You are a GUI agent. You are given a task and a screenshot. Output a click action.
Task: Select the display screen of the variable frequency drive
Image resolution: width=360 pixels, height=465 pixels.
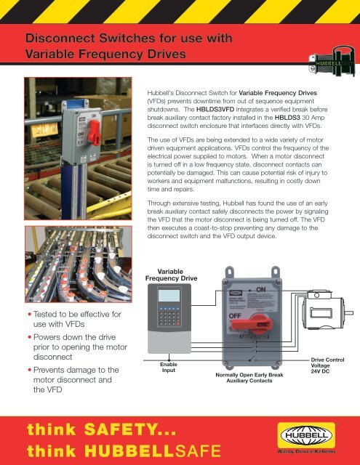coord(169,301)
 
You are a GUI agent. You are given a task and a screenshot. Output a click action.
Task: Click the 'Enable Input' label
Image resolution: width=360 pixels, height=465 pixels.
coord(169,367)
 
